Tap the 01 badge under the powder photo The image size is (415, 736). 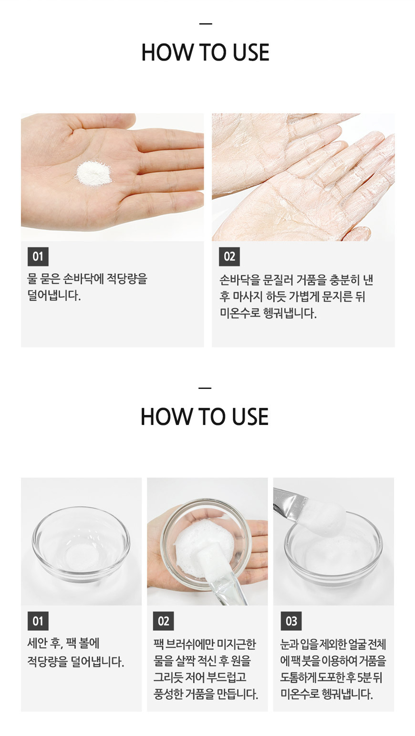(x=38, y=257)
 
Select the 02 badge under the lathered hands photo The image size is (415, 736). (x=229, y=257)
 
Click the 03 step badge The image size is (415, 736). (x=291, y=621)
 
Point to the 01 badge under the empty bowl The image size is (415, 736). (x=38, y=621)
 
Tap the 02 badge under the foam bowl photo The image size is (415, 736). (x=163, y=621)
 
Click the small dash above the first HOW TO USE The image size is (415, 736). (x=206, y=24)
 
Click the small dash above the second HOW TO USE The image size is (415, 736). (x=205, y=388)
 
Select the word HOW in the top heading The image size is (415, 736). (x=167, y=52)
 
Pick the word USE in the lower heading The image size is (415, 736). (x=250, y=417)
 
